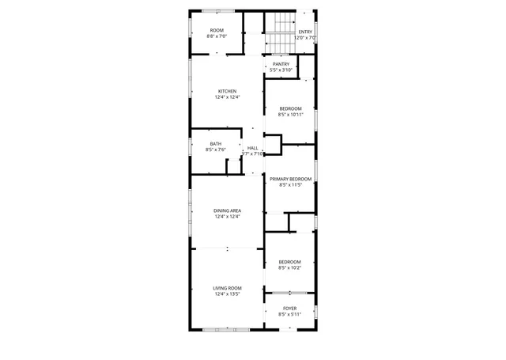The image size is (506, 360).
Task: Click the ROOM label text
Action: tap(217, 30)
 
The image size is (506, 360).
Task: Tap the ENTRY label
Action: tap(305, 32)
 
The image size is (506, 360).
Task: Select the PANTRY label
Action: tap(281, 64)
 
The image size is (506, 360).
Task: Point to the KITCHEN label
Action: tap(228, 91)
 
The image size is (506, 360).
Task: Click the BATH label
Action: tap(216, 143)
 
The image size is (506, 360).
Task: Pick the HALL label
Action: tap(252, 148)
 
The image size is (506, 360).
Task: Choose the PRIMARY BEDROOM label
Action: tap(290, 180)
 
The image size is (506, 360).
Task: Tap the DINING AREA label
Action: tap(228, 210)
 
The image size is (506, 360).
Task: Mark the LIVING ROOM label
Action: tap(228, 288)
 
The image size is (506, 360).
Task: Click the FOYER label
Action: tap(290, 308)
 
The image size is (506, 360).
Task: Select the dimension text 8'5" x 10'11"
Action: tap(290, 114)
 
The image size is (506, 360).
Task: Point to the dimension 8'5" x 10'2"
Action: tap(290, 267)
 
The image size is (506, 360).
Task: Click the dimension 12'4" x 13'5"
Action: tap(228, 294)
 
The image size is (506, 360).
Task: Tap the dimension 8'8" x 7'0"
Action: tap(217, 36)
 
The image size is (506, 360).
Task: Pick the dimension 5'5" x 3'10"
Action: tap(281, 70)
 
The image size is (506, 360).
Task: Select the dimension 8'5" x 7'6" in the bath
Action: tap(216, 150)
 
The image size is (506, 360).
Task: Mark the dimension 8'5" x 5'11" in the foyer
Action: tap(290, 314)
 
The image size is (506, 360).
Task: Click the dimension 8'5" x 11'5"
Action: tap(290, 186)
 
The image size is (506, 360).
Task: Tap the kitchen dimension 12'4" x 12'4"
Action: tap(228, 97)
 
